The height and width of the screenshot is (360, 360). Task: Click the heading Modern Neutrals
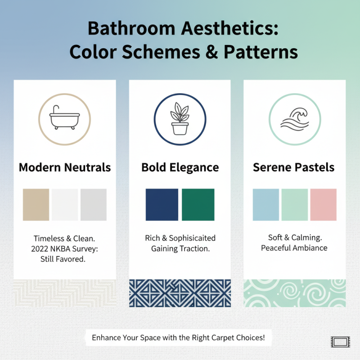65,168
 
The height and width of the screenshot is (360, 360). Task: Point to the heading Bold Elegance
180,168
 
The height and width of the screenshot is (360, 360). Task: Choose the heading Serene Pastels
294,168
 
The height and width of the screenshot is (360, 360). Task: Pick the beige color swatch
36,205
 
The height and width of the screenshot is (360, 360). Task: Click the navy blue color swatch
162,205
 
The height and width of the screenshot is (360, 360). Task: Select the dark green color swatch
198,205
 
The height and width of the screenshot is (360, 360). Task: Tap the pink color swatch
323,205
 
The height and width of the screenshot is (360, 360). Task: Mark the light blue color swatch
266,205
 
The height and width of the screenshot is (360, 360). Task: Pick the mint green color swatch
294,205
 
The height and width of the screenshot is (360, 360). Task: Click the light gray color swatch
94,205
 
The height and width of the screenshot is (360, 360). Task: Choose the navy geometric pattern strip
180,293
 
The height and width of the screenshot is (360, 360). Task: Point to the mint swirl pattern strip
294,293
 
